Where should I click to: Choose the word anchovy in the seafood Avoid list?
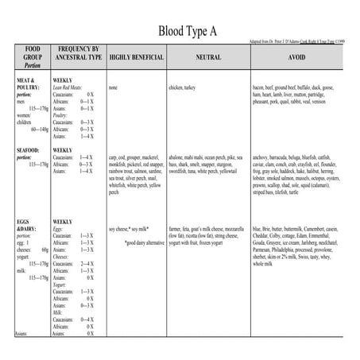(261, 158)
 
